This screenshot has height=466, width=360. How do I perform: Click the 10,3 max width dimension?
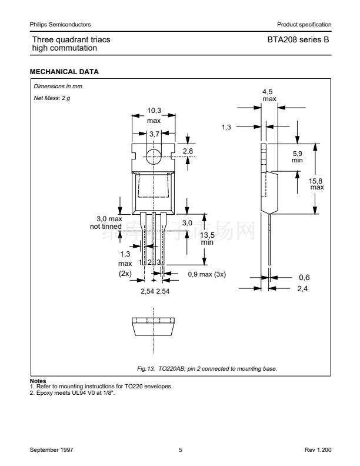pyautogui.click(x=154, y=115)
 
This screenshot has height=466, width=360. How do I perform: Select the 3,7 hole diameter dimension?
pyautogui.click(x=154, y=134)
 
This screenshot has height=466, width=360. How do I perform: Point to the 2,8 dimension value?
pyautogui.click(x=188, y=152)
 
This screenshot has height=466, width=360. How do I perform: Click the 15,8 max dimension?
pyautogui.click(x=316, y=184)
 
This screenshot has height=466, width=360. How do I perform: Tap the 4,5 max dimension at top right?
pyautogui.click(x=269, y=95)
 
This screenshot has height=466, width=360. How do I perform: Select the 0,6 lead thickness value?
pyautogui.click(x=304, y=277)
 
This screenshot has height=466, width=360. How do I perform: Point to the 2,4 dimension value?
pyautogui.click(x=304, y=288)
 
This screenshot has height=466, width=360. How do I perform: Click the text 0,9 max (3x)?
pyautogui.click(x=206, y=274)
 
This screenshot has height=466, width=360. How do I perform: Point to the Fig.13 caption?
pyautogui.click(x=206, y=368)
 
